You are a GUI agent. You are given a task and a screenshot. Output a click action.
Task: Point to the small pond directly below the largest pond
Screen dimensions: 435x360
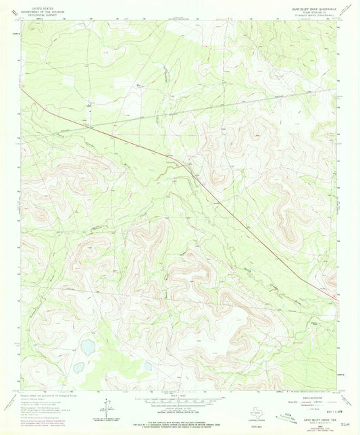[79, 367]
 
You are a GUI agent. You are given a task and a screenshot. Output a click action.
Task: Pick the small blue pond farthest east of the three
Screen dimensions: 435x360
[148, 366]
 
